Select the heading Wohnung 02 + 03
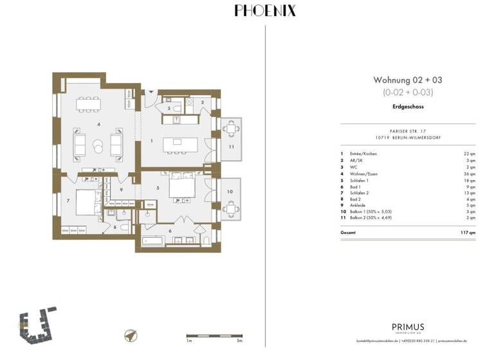pos(408,80)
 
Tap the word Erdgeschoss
pos(408,107)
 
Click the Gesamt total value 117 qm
pos(468,231)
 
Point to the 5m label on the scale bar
pos(239,341)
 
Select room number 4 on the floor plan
pos(98,123)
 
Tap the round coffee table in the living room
pos(98,146)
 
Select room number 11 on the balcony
pos(230,147)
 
